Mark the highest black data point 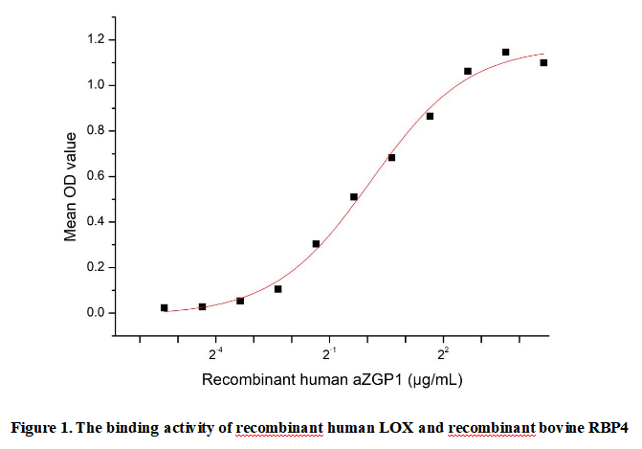click(505, 52)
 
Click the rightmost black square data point click(543, 63)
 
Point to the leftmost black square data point click(165, 307)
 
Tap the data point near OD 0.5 click(354, 197)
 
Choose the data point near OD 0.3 click(316, 244)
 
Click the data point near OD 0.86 click(430, 117)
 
